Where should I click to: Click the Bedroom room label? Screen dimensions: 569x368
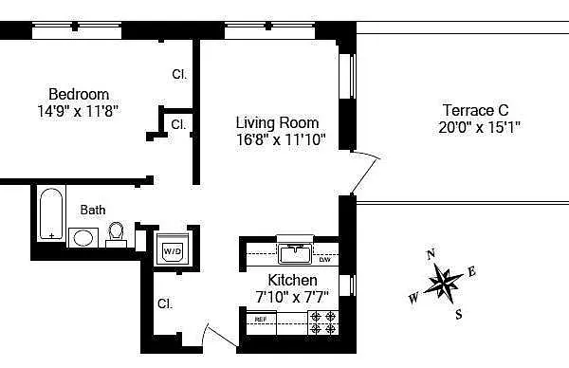click(x=79, y=94)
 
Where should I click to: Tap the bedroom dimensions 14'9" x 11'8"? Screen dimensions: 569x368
click(x=78, y=111)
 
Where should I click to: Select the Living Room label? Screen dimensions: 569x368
click(x=277, y=122)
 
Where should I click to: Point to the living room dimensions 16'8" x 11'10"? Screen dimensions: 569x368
click(x=281, y=139)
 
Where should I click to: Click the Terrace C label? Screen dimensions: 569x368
click(x=476, y=110)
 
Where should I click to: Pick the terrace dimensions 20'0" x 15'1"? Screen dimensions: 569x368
click(x=479, y=127)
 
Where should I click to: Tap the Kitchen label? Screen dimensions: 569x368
click(x=292, y=280)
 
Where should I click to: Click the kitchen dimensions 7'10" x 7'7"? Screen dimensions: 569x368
click(x=292, y=297)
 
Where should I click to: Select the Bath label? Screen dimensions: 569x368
click(x=93, y=210)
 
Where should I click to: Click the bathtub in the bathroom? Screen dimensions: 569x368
click(x=51, y=214)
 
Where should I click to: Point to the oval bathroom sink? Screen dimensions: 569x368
click(x=83, y=238)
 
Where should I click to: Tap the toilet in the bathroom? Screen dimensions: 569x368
click(x=116, y=234)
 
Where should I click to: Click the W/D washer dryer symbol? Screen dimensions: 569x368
click(x=172, y=248)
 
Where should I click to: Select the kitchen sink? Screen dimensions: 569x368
click(x=295, y=253)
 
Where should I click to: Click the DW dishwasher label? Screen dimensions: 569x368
click(x=324, y=260)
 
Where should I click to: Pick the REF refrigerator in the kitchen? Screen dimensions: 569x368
click(x=262, y=322)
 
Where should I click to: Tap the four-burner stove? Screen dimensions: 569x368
click(x=323, y=322)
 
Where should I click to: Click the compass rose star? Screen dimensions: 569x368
click(x=443, y=283)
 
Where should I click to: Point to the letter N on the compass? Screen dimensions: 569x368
click(x=431, y=255)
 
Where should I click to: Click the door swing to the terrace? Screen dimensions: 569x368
click(x=366, y=174)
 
